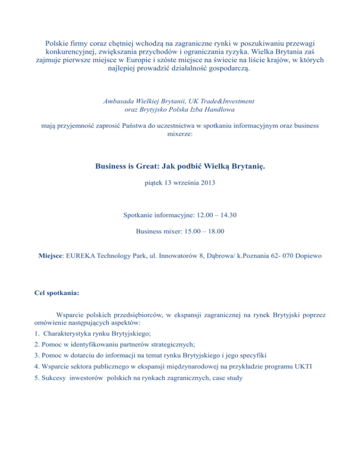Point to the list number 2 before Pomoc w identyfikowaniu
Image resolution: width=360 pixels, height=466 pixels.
[37, 344]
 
